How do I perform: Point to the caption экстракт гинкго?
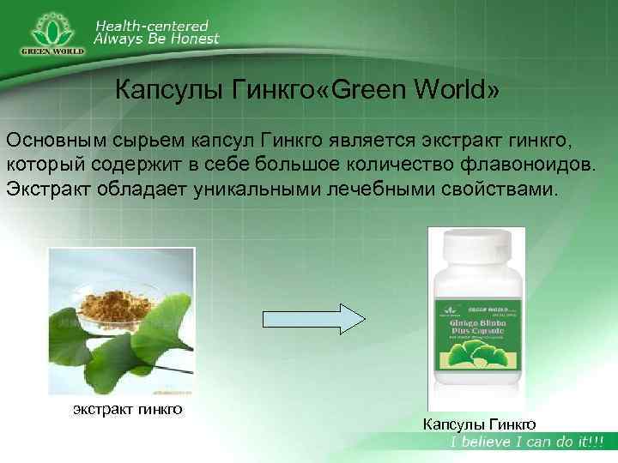click(x=126, y=409)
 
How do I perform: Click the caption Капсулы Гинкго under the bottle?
click(x=480, y=423)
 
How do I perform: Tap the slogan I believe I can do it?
click(x=528, y=442)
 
